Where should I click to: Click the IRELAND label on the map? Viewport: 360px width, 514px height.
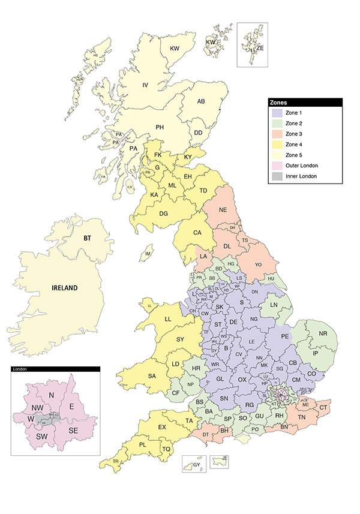click(64, 288)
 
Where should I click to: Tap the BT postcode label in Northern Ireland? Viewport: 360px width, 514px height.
click(87, 238)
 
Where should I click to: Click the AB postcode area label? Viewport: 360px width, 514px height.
click(202, 101)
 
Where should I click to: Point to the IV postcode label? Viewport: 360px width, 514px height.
click(145, 85)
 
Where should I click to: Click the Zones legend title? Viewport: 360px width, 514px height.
click(280, 103)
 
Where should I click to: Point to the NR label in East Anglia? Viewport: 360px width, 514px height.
click(323, 333)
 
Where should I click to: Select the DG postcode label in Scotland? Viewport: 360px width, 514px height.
click(163, 214)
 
